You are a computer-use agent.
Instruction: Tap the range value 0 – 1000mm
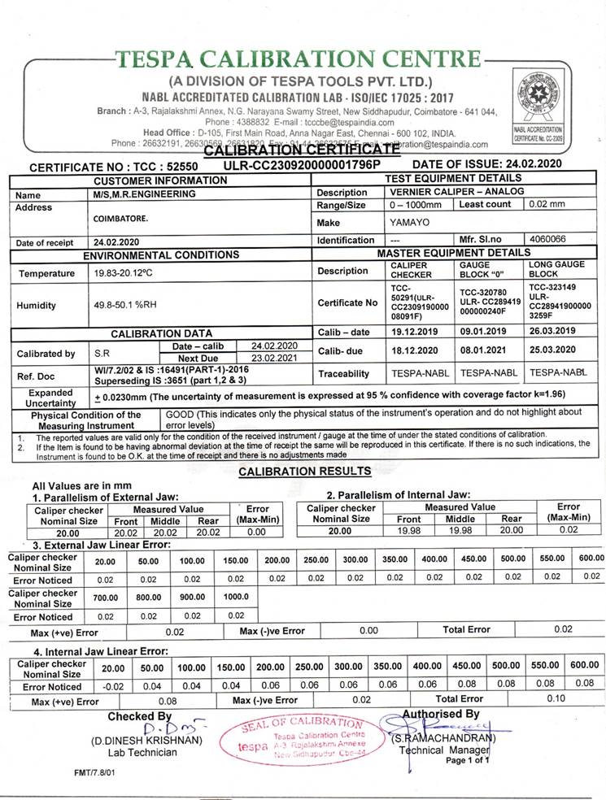pyautogui.click(x=416, y=205)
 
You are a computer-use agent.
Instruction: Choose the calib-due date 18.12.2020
pyautogui.click(x=415, y=350)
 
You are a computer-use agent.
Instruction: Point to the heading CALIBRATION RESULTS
pyautogui.click(x=305, y=472)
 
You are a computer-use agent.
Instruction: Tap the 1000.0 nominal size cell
pyautogui.click(x=236, y=598)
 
